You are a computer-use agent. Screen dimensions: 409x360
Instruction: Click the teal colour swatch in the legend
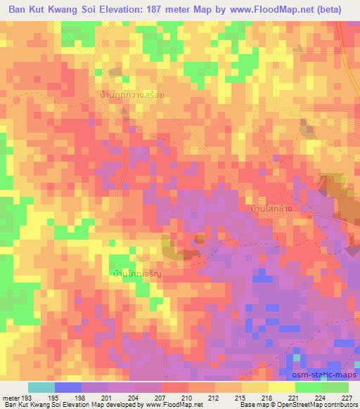point(41,387)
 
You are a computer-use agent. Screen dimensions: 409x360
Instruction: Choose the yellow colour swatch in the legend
point(281,387)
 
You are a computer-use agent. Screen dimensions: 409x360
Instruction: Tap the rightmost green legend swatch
point(335,387)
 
